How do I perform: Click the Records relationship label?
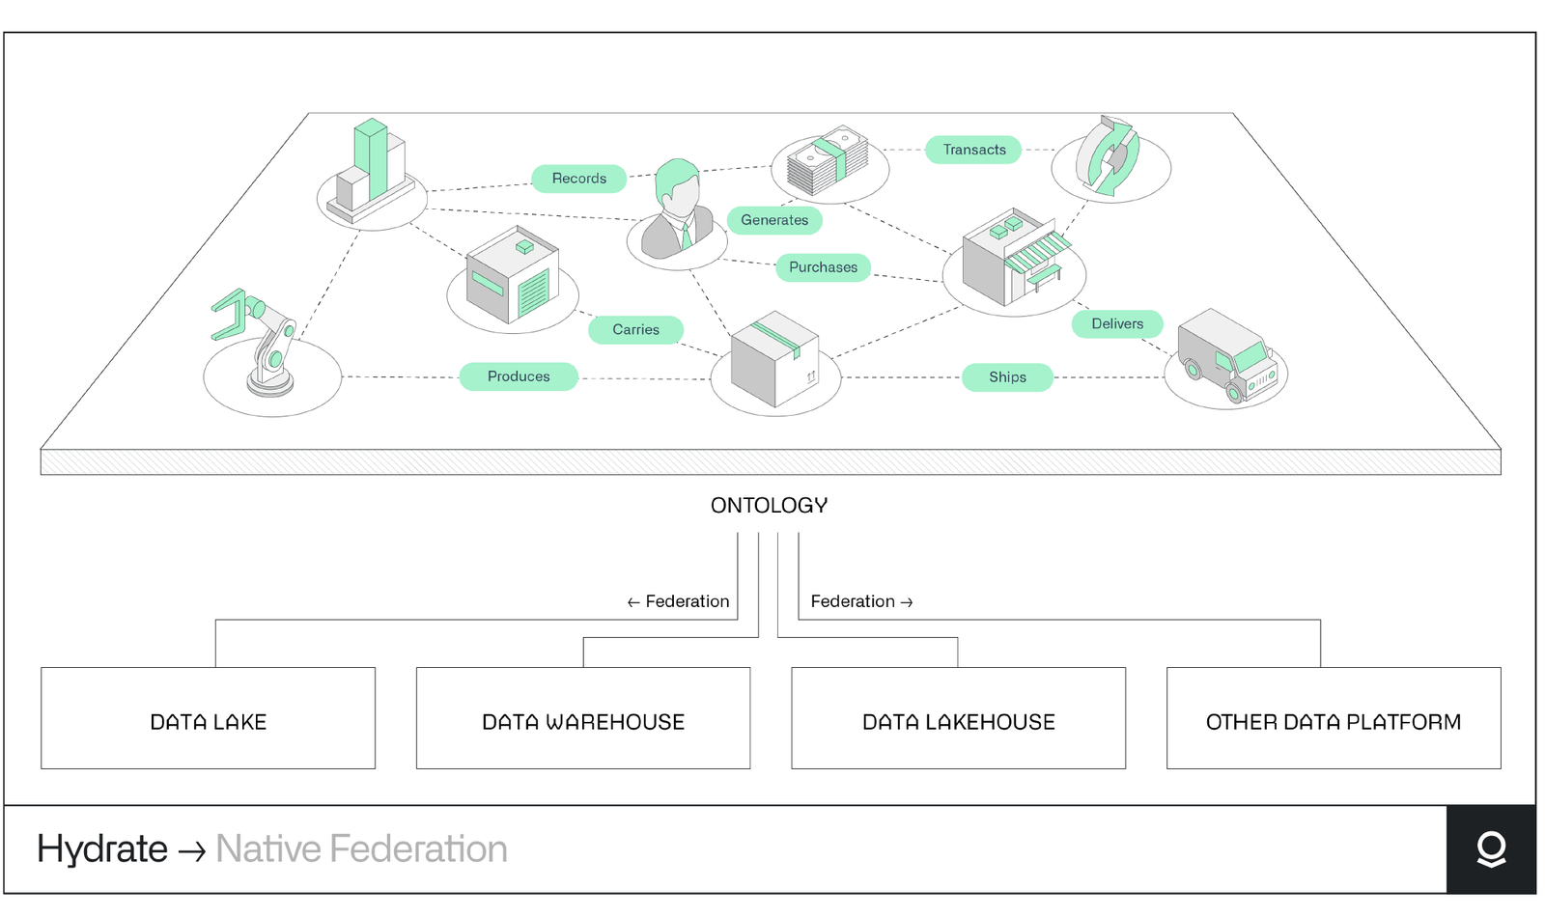(x=578, y=179)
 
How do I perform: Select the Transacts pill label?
(x=973, y=150)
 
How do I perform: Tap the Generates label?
(x=774, y=220)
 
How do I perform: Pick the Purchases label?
(x=823, y=267)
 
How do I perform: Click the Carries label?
(x=635, y=329)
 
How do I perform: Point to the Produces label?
(x=519, y=376)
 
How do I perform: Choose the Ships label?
(x=1007, y=377)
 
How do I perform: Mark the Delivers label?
(x=1117, y=323)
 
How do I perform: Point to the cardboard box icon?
(x=775, y=358)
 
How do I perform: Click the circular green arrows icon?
(x=1109, y=156)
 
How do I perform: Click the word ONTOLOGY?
(x=769, y=506)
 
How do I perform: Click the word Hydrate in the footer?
(x=102, y=849)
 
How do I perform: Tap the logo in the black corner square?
(x=1491, y=849)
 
